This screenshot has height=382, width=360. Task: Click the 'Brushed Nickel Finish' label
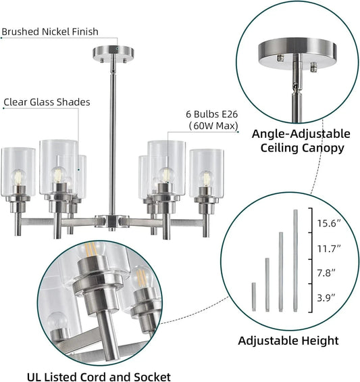[x=50, y=32]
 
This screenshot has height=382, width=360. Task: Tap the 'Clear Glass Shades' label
[x=47, y=102]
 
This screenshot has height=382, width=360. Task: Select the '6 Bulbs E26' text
[x=212, y=114]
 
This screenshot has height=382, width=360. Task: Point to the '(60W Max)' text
[x=213, y=126]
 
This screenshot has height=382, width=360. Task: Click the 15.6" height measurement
[x=329, y=223]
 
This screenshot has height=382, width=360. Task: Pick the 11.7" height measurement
[x=329, y=249]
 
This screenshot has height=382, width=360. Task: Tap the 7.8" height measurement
[x=326, y=273]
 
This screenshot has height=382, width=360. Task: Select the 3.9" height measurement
[x=326, y=297]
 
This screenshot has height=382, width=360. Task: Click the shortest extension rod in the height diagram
[x=254, y=297]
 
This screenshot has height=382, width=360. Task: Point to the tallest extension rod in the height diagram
[x=295, y=260]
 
